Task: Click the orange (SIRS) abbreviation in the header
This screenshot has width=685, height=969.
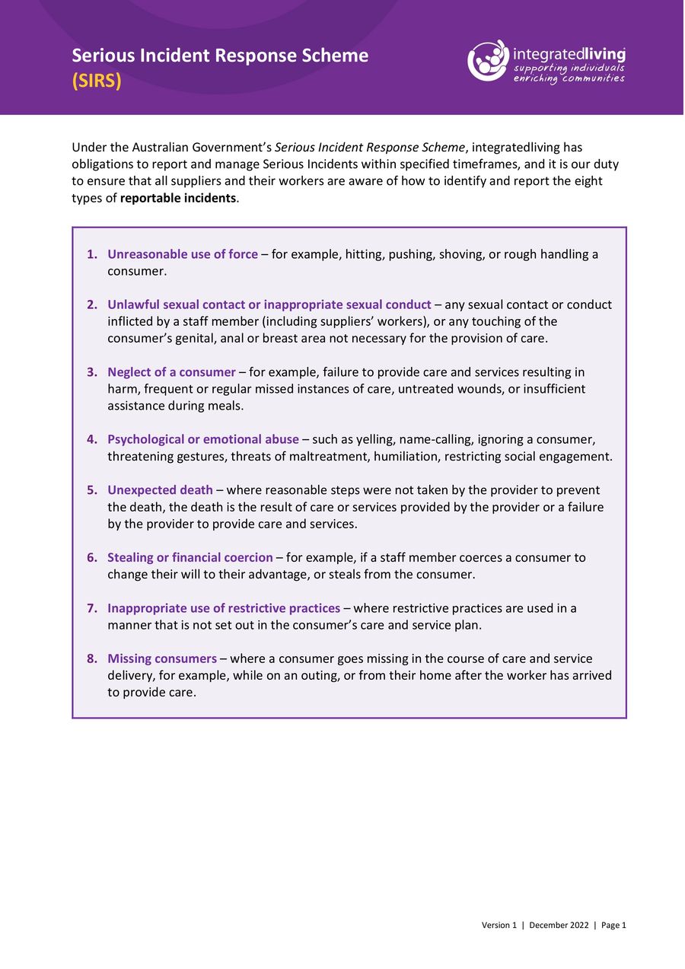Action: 97,81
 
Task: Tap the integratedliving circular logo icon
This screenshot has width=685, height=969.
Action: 488,61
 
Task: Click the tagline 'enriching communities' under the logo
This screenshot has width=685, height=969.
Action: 569,78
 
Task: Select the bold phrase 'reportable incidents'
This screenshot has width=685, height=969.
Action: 179,198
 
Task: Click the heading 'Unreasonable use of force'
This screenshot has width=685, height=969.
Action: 183,254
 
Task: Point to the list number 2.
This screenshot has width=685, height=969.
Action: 91,304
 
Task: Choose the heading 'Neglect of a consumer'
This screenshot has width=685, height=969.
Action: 171,372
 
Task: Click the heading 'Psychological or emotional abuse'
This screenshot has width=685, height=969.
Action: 203,439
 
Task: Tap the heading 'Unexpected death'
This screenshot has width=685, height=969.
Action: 160,490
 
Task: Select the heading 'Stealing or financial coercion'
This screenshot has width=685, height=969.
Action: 190,557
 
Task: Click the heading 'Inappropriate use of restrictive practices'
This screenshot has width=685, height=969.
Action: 224,608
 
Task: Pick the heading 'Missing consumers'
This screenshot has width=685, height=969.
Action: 162,658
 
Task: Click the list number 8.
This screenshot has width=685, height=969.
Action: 91,658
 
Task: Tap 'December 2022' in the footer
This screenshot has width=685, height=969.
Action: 559,925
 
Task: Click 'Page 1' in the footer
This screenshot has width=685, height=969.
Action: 613,925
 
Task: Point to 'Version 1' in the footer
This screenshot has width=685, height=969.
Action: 499,925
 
